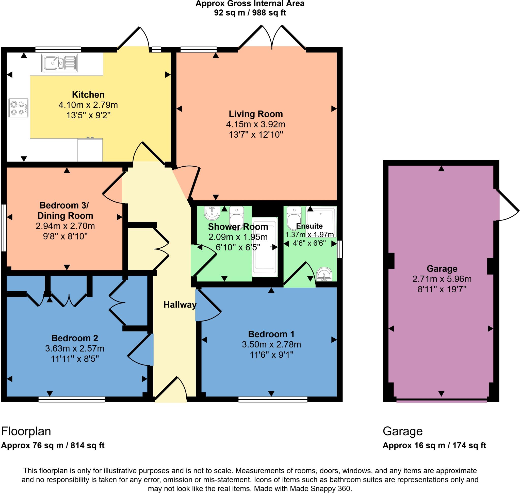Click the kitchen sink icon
click(x=59, y=63)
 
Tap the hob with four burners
click(x=18, y=108)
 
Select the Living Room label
click(x=255, y=114)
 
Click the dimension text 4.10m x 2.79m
click(x=88, y=105)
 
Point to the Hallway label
click(x=180, y=305)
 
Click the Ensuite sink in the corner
click(x=324, y=274)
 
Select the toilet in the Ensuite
click(x=294, y=218)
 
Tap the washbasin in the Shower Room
click(x=212, y=213)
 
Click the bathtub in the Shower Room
click(x=264, y=247)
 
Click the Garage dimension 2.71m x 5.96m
click(x=442, y=279)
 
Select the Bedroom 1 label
click(x=271, y=334)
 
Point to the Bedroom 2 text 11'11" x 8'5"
click(x=75, y=358)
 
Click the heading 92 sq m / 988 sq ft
click(x=250, y=13)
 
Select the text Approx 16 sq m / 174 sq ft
click(x=434, y=445)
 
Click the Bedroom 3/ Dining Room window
click(x=4, y=228)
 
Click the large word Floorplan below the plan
click(x=26, y=431)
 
